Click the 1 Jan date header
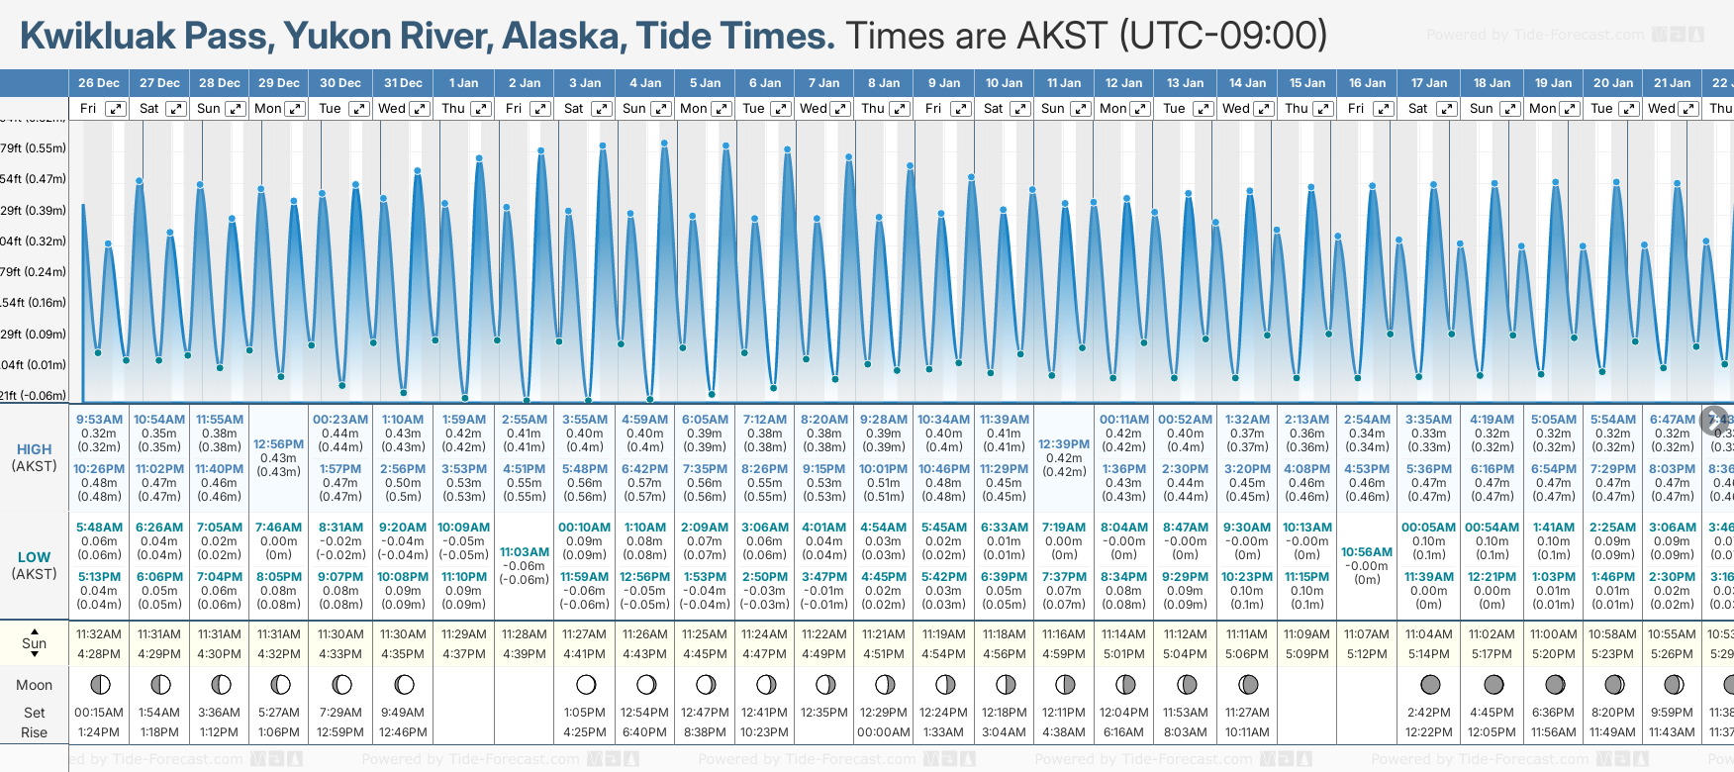463,83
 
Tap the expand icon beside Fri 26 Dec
116,109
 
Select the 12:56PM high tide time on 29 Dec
279,445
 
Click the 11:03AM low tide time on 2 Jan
525,552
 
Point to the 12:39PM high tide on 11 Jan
1065,445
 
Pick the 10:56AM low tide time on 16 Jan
1367,552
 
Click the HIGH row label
34,449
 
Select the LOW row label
34,557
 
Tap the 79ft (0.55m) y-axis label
33,148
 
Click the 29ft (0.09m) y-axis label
33,334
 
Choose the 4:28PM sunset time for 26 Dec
99,654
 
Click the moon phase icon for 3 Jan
586,684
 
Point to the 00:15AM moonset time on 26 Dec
99,713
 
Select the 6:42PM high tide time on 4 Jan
644,469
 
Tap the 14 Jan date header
1247,83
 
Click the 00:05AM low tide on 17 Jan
1428,528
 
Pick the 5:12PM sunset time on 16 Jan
1367,654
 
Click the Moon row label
34,685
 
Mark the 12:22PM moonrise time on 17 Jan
1428,732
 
